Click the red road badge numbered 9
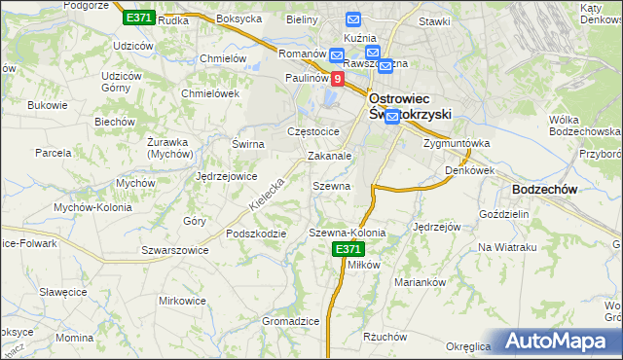[x=337, y=79]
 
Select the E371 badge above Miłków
[x=348, y=250]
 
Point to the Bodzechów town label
[x=545, y=190]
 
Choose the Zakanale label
[x=329, y=156]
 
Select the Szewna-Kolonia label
[x=348, y=234]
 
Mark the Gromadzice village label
[x=291, y=321]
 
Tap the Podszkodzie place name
[x=256, y=234]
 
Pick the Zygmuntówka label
[x=457, y=143]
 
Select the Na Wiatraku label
[x=507, y=247]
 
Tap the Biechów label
[x=114, y=122]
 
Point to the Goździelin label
[x=503, y=213]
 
